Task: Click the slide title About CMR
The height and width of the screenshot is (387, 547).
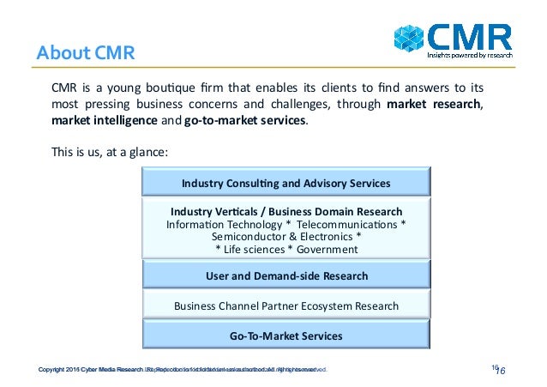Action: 86,52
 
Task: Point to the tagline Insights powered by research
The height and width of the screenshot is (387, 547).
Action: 471,55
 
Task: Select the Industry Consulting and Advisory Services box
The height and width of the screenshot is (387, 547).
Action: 286,184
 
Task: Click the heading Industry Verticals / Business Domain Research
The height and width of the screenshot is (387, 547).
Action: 286,211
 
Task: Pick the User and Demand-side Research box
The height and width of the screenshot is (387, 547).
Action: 286,276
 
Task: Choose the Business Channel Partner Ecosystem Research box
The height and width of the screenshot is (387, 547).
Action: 286,305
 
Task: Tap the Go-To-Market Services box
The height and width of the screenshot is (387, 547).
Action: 286,336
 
